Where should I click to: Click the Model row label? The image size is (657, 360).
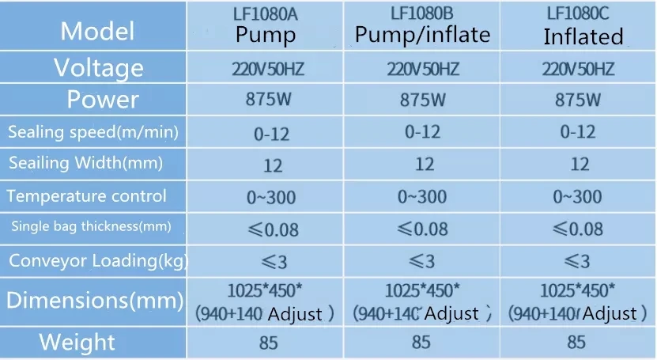[x=97, y=31]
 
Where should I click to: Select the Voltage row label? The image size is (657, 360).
[x=98, y=68]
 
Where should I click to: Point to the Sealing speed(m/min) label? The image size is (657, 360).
[x=93, y=132]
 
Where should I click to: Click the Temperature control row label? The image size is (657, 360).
[x=86, y=195]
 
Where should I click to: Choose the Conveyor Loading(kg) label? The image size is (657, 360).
[x=98, y=260]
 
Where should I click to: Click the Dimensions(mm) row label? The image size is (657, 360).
[x=94, y=300]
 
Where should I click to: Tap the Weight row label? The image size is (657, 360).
[x=77, y=343]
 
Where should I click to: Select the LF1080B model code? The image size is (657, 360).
[x=422, y=13]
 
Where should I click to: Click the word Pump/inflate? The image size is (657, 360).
[x=422, y=34]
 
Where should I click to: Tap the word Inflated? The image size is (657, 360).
[x=583, y=36]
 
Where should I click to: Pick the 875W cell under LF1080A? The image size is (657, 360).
[x=266, y=100]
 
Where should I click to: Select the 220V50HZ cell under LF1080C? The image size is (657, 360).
[x=578, y=69]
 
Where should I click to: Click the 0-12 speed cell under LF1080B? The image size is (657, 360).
[x=423, y=132]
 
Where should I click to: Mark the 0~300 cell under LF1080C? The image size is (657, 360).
[x=580, y=196]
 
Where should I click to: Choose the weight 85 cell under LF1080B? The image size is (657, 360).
[x=421, y=342]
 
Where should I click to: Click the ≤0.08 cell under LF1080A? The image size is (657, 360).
[x=266, y=229]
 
